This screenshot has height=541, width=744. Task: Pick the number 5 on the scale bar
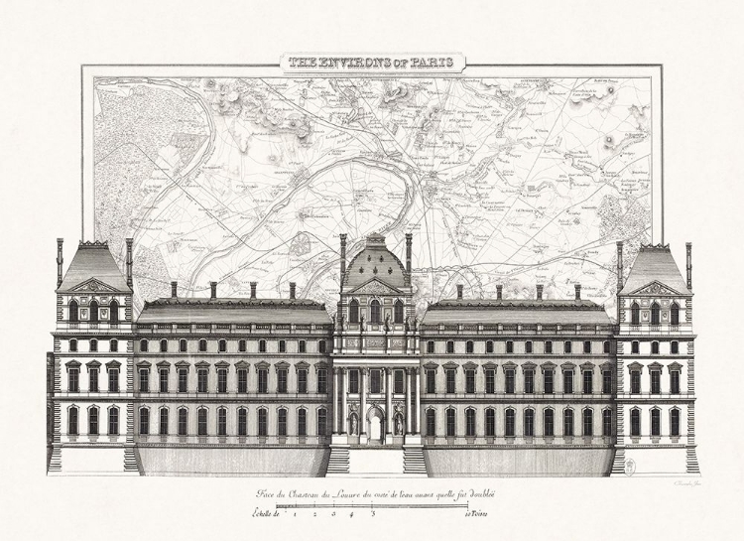(373, 514)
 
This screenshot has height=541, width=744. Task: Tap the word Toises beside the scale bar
(479, 514)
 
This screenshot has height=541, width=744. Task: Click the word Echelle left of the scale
(266, 514)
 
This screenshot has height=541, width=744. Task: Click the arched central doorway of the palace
(374, 426)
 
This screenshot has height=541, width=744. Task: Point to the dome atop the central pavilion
(374, 264)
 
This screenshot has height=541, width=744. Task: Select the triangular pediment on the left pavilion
(94, 286)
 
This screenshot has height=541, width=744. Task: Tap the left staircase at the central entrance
(338, 460)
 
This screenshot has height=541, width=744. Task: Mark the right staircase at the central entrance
(415, 460)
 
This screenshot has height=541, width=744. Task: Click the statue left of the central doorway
(353, 422)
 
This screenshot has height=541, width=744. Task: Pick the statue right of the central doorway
(397, 422)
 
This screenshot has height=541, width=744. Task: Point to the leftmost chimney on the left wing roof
(174, 289)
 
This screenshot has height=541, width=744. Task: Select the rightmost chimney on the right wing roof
(577, 291)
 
